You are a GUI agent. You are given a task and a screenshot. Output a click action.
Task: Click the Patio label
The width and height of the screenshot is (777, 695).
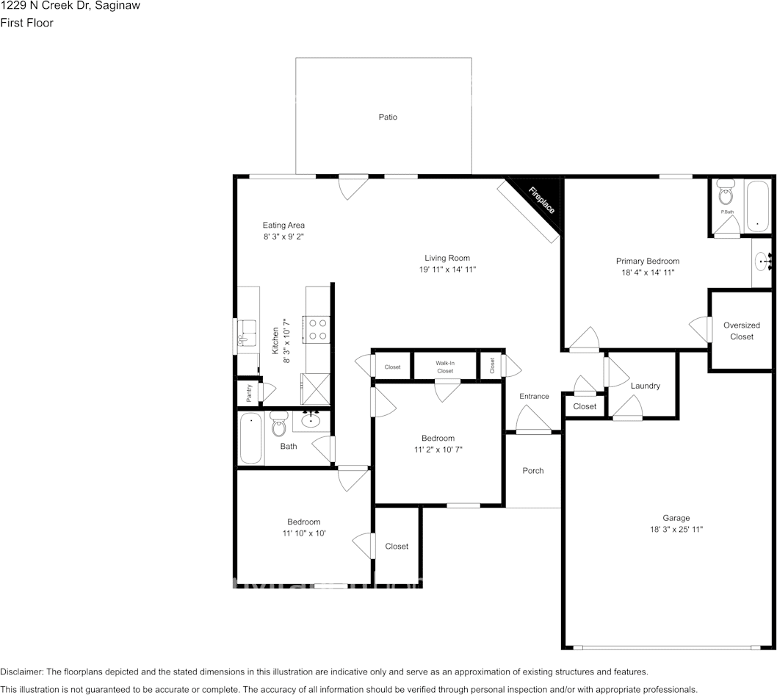tap(388, 117)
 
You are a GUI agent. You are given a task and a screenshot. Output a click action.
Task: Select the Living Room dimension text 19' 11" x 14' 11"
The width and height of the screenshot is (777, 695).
tap(447, 270)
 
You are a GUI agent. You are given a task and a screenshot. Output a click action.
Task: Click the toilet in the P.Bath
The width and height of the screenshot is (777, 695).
tap(726, 195)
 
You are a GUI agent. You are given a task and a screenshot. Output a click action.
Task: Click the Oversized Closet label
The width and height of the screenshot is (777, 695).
tap(742, 331)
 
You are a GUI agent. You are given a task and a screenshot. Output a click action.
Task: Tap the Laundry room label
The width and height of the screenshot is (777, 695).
tap(645, 386)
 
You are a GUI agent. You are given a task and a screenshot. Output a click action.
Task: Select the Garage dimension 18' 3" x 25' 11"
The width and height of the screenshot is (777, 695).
tap(676, 529)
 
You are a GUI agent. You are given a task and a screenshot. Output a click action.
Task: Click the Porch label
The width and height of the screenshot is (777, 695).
tap(533, 470)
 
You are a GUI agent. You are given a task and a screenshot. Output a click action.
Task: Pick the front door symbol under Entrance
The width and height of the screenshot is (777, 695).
tap(533, 422)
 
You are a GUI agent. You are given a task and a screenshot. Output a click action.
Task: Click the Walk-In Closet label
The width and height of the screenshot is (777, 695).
tap(445, 367)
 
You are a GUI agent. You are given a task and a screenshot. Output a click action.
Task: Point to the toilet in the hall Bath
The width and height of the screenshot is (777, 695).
tap(278, 424)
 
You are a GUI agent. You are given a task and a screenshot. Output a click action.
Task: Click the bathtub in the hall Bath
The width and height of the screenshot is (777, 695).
tap(250, 439)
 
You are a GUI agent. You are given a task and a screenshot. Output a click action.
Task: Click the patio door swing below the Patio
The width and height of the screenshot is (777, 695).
tap(353, 187)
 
